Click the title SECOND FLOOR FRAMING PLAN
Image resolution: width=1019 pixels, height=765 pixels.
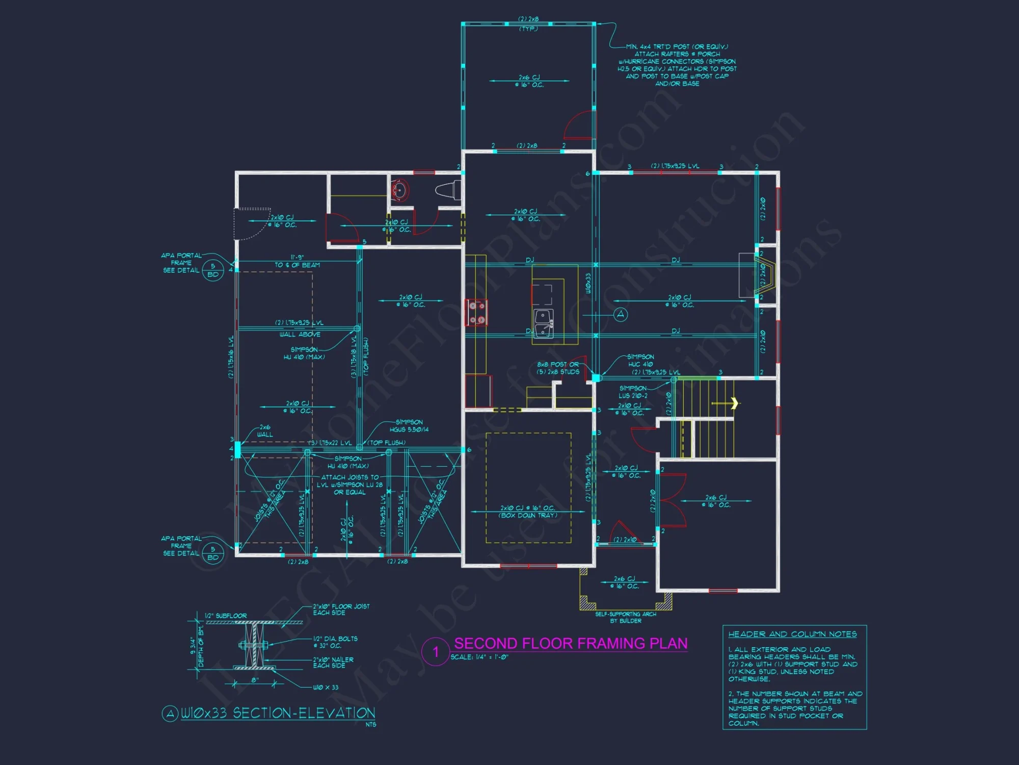pos(571,643)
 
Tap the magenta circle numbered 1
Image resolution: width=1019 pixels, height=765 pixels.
pos(436,651)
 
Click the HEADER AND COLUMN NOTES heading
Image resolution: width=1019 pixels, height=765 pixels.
pos(792,634)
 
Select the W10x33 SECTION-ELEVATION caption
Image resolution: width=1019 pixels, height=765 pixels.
pos(278,713)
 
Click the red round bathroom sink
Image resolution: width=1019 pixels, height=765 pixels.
pos(400,190)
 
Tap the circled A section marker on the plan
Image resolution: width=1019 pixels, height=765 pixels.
pos(620,315)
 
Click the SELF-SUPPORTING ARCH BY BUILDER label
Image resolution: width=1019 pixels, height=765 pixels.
pos(626,617)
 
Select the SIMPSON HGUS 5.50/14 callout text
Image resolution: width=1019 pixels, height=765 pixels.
pos(409,426)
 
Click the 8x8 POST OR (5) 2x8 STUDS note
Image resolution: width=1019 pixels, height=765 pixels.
pos(558,368)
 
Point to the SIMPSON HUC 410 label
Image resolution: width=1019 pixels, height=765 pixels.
pos(640,361)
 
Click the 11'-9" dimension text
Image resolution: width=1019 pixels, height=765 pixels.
pos(297,258)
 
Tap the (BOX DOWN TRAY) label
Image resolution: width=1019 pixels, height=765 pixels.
pos(528,515)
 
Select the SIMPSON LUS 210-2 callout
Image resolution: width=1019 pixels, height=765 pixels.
pos(633,392)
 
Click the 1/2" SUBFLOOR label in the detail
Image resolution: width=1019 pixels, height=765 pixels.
pos(226,616)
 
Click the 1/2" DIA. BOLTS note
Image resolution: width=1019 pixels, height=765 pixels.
pos(335,642)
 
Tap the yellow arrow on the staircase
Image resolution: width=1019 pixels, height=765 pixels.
pos(734,403)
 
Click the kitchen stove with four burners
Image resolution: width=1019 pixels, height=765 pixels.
pos(477,313)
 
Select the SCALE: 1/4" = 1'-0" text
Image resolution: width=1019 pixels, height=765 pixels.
pos(479,657)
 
